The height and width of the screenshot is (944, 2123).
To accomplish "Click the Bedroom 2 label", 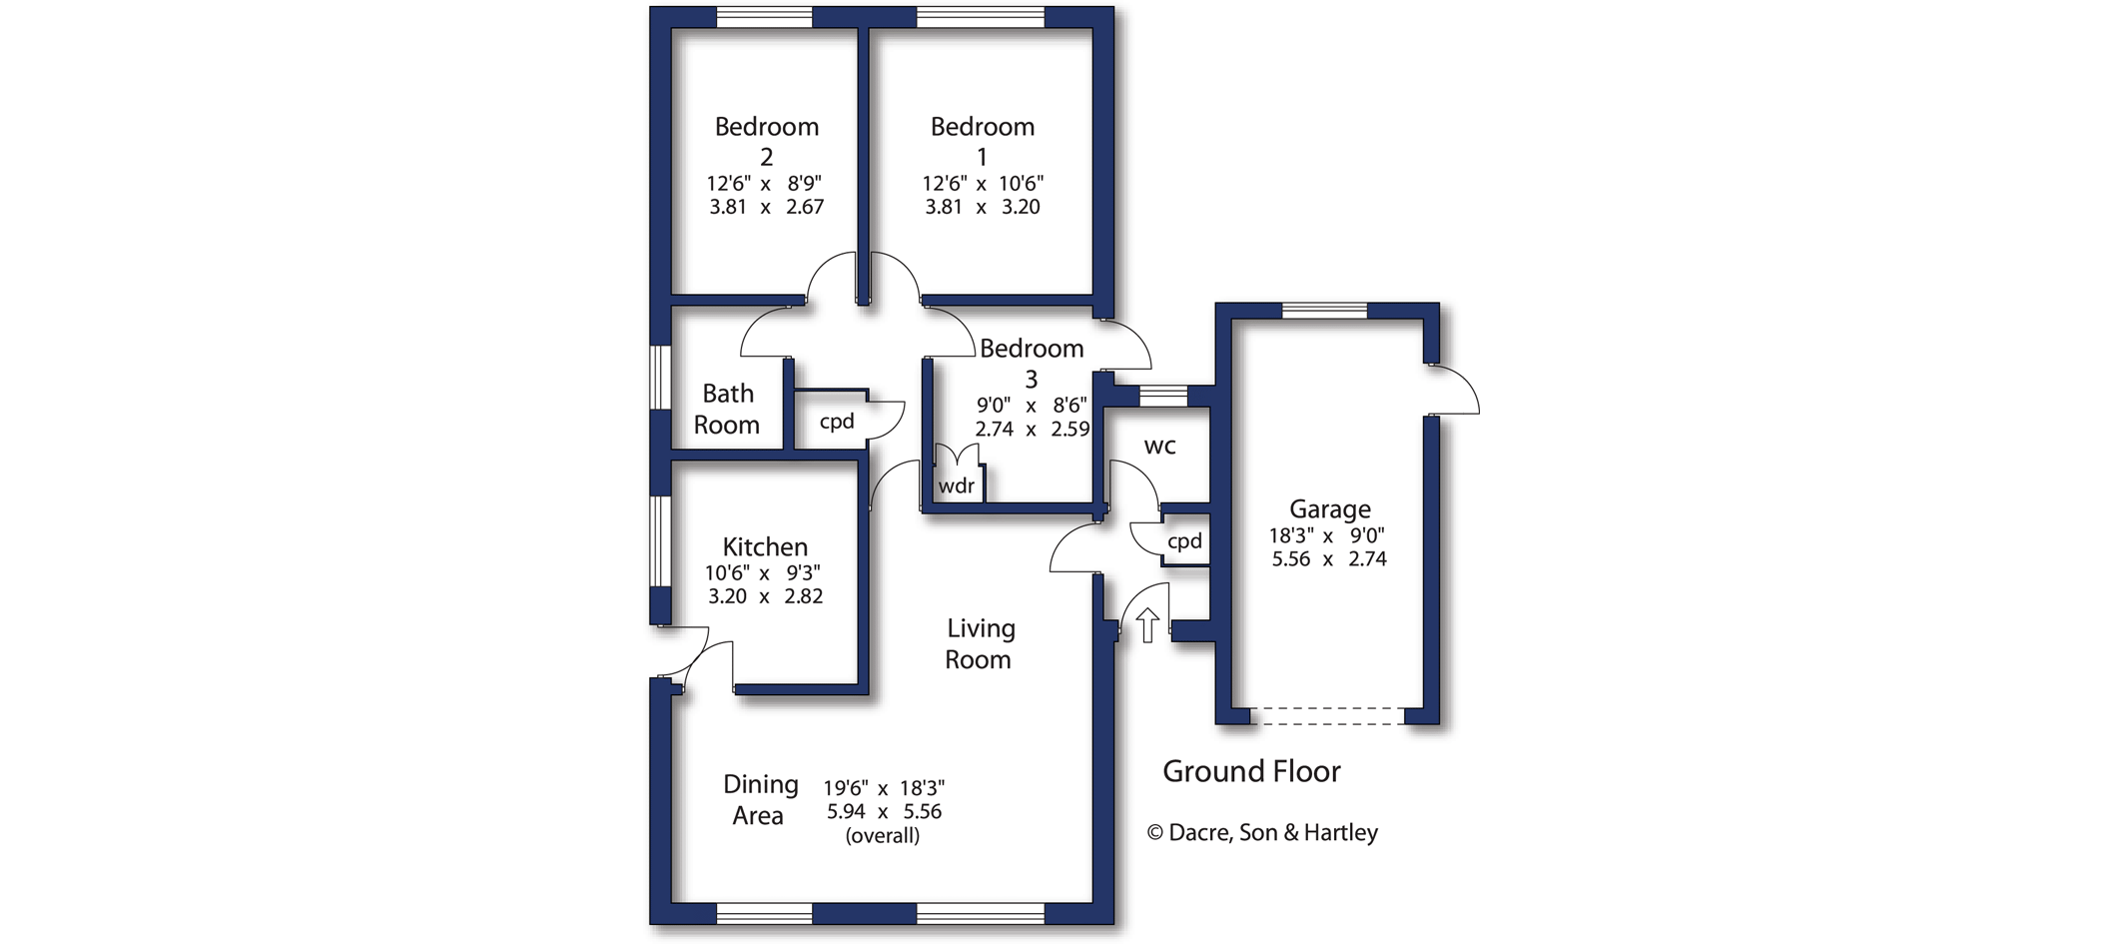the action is point(767,141).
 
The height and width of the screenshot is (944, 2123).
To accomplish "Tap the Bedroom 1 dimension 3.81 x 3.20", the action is point(983,207).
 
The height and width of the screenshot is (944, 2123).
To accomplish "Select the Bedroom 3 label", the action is point(1032,363).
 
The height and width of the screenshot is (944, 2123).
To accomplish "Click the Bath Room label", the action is point(727,409).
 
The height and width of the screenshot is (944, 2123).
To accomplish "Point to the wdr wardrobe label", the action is point(957,485).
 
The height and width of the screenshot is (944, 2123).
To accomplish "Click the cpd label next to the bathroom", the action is point(837,422).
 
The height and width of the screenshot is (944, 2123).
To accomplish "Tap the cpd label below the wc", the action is point(1185,540).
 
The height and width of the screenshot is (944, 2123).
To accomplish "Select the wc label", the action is point(1159,446).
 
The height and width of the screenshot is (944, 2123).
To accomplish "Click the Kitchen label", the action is point(765,546).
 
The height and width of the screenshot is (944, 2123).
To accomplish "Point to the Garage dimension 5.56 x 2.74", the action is point(1329,559).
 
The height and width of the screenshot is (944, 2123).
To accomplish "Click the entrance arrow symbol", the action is point(1147,625).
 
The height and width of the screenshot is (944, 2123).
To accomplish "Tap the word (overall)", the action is point(883,835).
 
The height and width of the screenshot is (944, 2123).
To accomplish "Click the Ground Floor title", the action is point(1251,771).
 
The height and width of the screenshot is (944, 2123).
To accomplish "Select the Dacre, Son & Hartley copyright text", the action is point(1262,832).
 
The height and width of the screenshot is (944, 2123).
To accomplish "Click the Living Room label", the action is point(980,643).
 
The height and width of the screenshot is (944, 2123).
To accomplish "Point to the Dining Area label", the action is point(760,799).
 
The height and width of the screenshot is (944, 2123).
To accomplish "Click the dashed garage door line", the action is point(1328,715).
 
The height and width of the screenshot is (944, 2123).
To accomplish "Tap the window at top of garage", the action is point(1325,311).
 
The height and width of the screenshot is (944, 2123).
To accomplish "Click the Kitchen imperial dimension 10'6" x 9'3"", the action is point(763,573).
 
